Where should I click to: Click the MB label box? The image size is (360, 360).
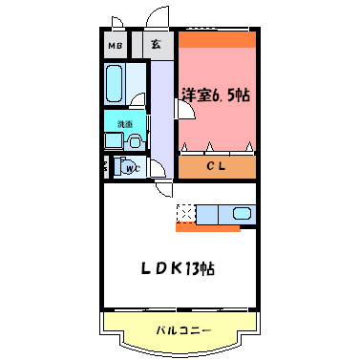(116, 45)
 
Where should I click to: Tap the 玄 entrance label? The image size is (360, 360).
(154, 45)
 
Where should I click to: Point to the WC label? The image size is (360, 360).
(132, 169)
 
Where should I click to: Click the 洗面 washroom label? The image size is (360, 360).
(124, 124)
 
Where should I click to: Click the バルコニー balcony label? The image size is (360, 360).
(182, 331)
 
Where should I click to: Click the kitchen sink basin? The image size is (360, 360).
(240, 213)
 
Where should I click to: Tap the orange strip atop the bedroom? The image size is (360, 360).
(216, 41)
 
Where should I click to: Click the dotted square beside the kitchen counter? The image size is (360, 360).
(184, 213)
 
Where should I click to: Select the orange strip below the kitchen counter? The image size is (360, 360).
(206, 227)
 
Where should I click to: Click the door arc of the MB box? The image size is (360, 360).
(117, 24)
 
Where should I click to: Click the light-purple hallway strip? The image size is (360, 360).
(161, 115)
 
